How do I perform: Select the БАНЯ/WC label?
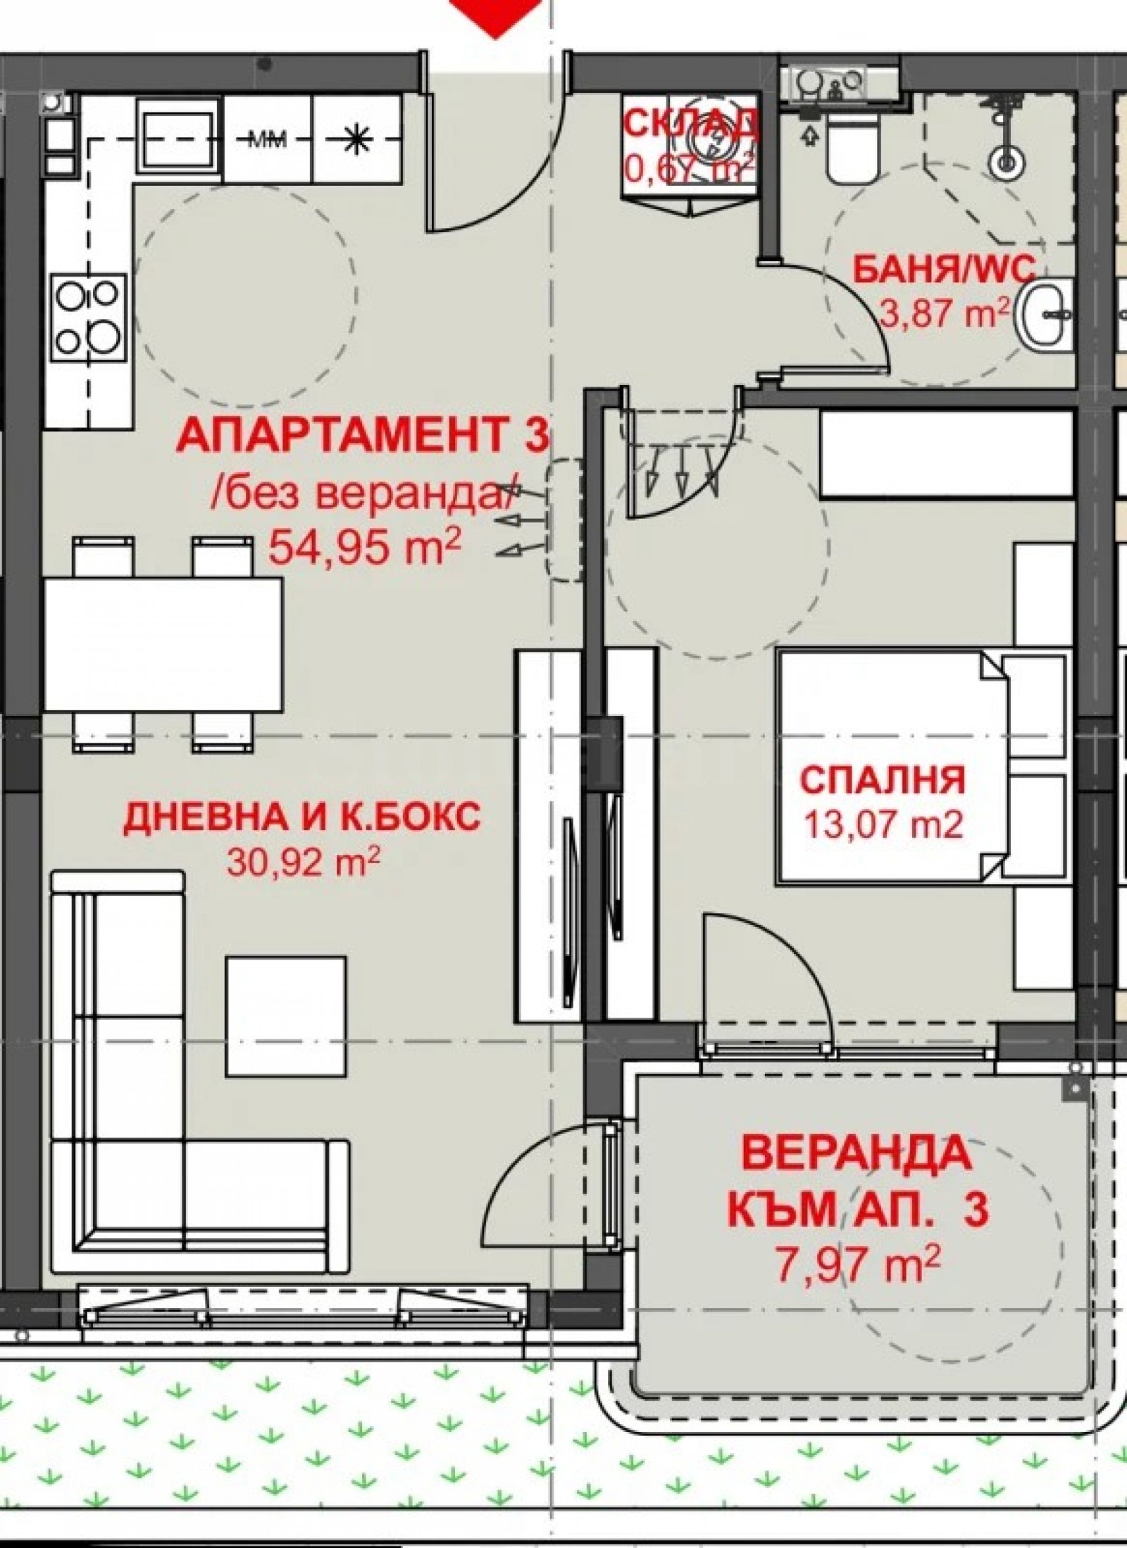944,270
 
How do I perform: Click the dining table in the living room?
163,644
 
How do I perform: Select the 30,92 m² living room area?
304,862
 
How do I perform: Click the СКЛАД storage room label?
692,125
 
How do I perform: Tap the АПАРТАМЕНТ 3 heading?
362,435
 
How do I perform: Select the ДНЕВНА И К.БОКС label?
302,817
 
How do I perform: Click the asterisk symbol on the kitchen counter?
356,140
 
